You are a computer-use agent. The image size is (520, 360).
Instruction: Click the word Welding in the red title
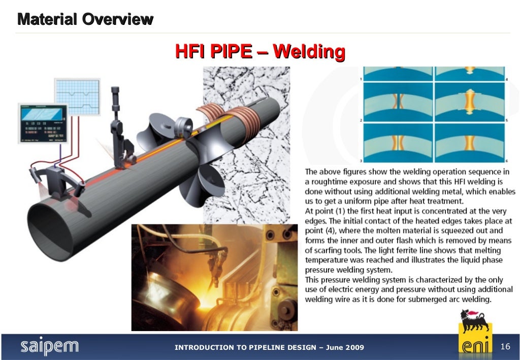309,52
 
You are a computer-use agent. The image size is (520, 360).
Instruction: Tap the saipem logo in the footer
49,347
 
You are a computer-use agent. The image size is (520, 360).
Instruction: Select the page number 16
505,346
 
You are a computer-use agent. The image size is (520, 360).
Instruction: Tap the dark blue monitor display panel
43,122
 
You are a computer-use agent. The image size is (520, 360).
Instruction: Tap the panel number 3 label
361,160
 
